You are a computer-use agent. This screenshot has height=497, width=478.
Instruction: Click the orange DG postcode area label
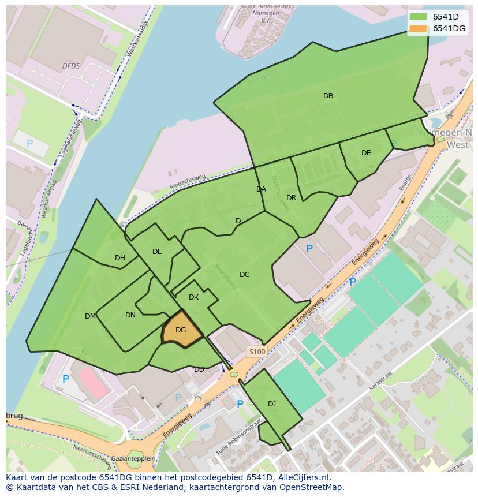pos(181,330)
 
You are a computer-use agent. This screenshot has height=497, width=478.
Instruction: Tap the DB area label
pos(328,96)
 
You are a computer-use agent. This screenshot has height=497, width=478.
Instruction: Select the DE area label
pos(366,153)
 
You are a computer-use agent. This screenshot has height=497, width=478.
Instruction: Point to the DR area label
pos(291,198)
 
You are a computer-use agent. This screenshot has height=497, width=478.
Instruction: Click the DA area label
pos(261,189)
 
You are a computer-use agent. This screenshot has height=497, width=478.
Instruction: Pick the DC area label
pos(244,275)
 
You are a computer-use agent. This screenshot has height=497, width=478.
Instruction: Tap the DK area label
pos(193,297)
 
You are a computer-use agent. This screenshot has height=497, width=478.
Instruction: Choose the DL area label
pos(157,252)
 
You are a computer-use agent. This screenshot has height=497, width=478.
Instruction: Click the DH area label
pos(119,258)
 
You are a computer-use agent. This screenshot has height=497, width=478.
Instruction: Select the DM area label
pos(90,316)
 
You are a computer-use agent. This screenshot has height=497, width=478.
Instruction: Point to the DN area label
pos(130,315)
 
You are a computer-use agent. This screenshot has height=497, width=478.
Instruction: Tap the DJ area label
pos(272,404)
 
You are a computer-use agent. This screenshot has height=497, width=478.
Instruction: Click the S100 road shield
pos(257,352)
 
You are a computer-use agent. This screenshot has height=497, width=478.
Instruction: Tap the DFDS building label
pos(71,66)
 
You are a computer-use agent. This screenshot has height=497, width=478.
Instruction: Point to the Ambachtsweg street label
pos(188,182)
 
